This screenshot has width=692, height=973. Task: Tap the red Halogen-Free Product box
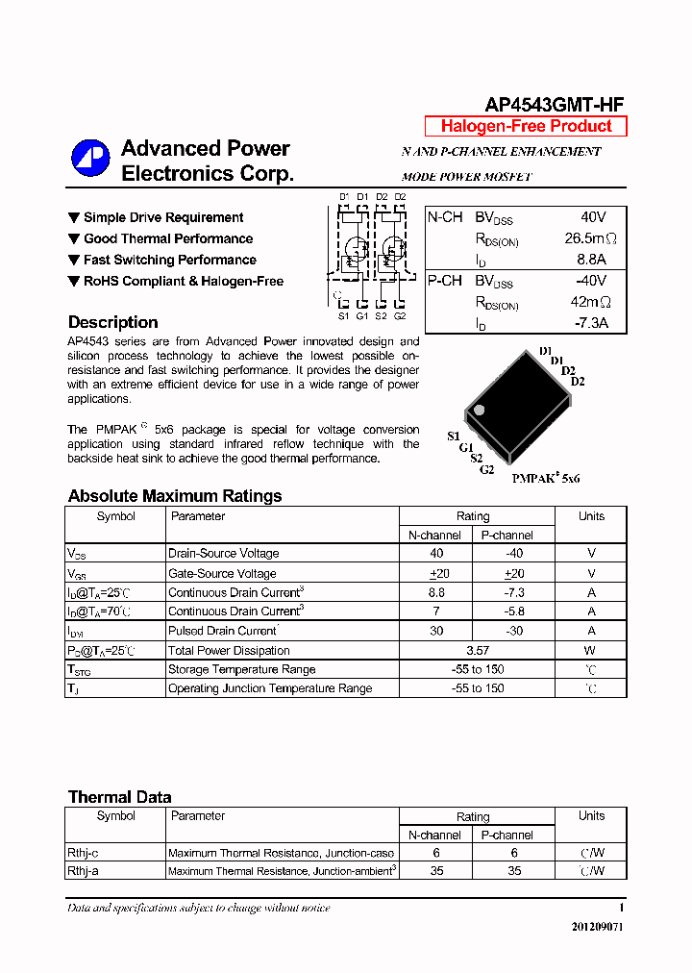pyautogui.click(x=526, y=126)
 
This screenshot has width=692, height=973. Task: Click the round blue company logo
pyautogui.click(x=90, y=159)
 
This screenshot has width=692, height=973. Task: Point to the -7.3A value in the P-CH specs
pyautogui.click(x=590, y=323)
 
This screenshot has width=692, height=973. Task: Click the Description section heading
pyautogui.click(x=112, y=322)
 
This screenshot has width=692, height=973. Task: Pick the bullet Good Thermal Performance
pyautogui.click(x=168, y=238)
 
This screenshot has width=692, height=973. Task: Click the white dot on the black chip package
pyautogui.click(x=480, y=410)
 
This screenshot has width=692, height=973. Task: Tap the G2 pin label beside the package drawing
pyautogui.click(x=487, y=469)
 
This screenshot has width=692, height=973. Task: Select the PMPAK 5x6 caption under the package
pyautogui.click(x=545, y=478)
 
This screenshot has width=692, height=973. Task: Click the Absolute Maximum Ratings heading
pyautogui.click(x=175, y=496)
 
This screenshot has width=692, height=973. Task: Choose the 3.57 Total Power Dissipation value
pyautogui.click(x=477, y=650)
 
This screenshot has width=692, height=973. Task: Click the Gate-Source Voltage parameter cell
pyautogui.click(x=222, y=573)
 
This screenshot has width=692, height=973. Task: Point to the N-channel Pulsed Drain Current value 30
pyautogui.click(x=436, y=631)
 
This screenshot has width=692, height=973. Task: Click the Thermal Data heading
pyautogui.click(x=119, y=797)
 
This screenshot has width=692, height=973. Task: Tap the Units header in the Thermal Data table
pyautogui.click(x=591, y=815)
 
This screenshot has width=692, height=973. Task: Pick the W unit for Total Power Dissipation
pyautogui.click(x=591, y=650)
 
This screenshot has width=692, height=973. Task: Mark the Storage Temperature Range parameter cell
pyautogui.click(x=241, y=669)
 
